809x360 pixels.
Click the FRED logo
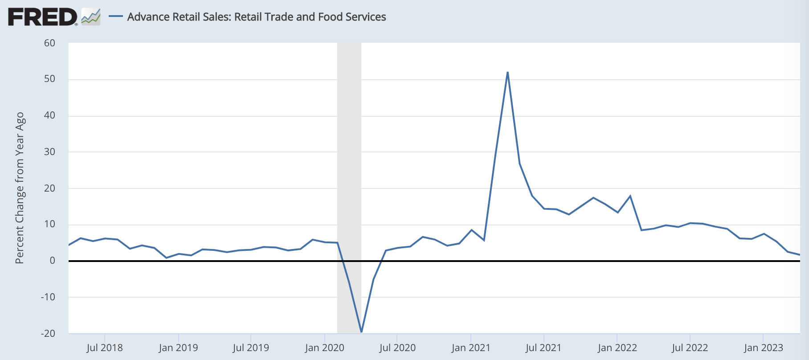[x=42, y=17]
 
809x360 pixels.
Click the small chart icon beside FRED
[x=91, y=17]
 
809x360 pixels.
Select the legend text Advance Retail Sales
[x=256, y=17]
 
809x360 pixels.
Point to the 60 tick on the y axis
[x=49, y=43]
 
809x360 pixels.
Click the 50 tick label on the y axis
[x=49, y=79]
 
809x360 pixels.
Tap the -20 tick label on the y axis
[x=48, y=334]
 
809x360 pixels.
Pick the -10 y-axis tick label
[x=48, y=297]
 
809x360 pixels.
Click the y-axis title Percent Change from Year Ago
[x=20, y=188]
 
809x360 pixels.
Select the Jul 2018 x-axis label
[x=105, y=348]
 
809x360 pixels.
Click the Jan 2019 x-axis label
[x=178, y=348]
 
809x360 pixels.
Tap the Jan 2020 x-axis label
[x=325, y=348]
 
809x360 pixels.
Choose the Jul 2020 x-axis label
[x=397, y=348]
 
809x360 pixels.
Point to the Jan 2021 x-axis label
[x=471, y=348]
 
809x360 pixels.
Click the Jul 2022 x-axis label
[x=690, y=348]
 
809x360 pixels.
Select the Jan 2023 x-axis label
[x=763, y=348]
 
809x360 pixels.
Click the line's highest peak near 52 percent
[x=507, y=73]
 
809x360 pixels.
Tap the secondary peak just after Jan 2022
[x=630, y=196]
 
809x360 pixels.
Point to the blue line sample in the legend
[x=116, y=17]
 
